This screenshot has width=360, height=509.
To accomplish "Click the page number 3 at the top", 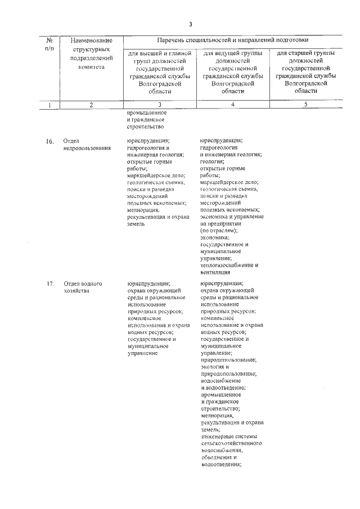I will pyautogui.click(x=191, y=24).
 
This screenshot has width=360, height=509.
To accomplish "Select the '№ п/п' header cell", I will pyautogui.click(x=49, y=44).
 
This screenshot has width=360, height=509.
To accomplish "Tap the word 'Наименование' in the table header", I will pyautogui.click(x=92, y=40).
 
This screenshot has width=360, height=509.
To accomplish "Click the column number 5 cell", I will pyautogui.click(x=306, y=104).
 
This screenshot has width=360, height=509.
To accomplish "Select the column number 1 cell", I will pyautogui.click(x=49, y=105).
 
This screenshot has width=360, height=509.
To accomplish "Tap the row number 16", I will pyautogui.click(x=49, y=141).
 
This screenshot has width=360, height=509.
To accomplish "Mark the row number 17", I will pyautogui.click(x=49, y=283).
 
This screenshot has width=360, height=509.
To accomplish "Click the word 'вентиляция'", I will pyautogui.click(x=215, y=272).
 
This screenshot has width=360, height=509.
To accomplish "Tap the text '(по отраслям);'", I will pyautogui.click(x=219, y=231).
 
